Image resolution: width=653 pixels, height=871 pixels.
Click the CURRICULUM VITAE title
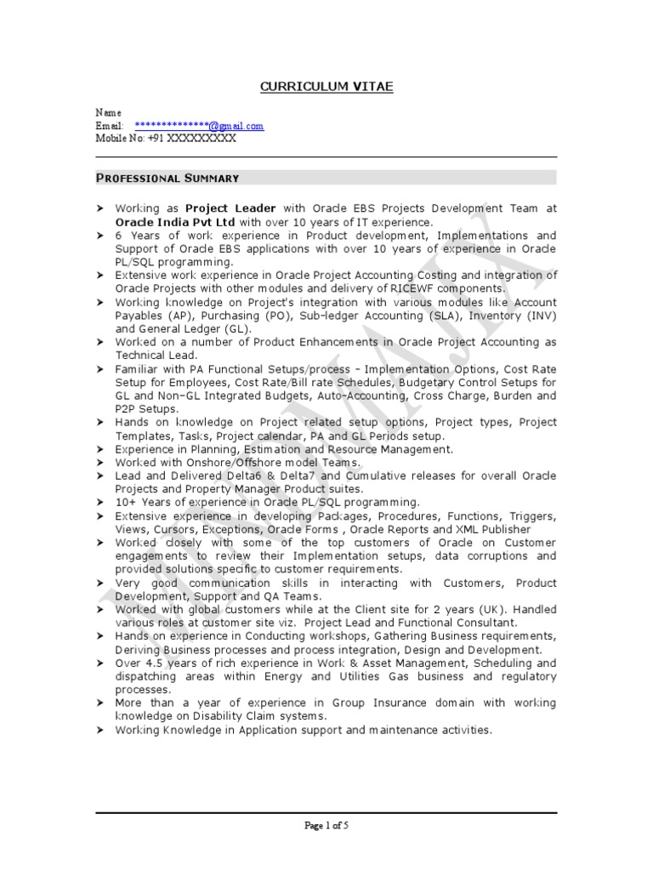point(326,88)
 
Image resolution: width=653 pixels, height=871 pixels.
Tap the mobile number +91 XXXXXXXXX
point(191,139)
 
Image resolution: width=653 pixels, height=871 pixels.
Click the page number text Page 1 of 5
point(326,825)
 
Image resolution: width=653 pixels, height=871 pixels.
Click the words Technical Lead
point(156,356)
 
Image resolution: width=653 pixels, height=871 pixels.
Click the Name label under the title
point(108,112)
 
